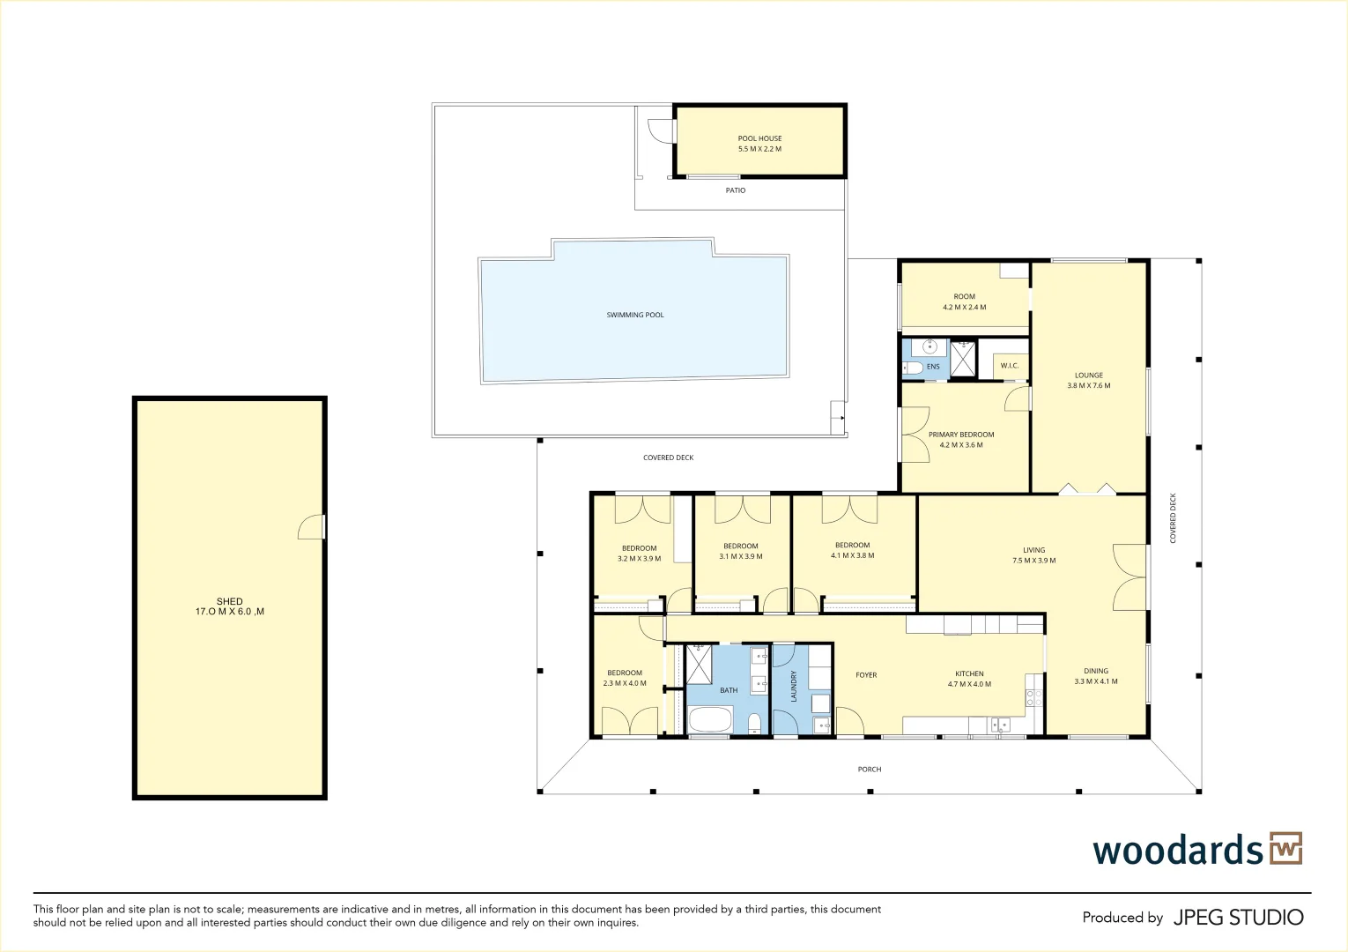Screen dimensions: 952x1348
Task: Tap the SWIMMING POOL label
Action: [635, 315]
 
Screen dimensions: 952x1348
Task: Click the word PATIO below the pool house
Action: [736, 190]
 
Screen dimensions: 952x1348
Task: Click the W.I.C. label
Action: [1009, 366]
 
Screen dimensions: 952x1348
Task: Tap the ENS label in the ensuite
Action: [933, 367]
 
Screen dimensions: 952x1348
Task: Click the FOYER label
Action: [866, 675]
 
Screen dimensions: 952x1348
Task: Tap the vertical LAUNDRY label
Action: [794, 687]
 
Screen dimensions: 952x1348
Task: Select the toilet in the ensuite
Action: [912, 368]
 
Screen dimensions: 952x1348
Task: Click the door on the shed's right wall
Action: [312, 527]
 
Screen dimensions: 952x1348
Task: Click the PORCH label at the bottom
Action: [870, 770]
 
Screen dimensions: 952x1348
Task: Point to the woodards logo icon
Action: [1285, 848]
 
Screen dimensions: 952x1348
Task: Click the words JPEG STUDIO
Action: [1238, 918]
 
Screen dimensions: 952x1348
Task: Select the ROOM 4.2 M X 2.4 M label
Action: [964, 302]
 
